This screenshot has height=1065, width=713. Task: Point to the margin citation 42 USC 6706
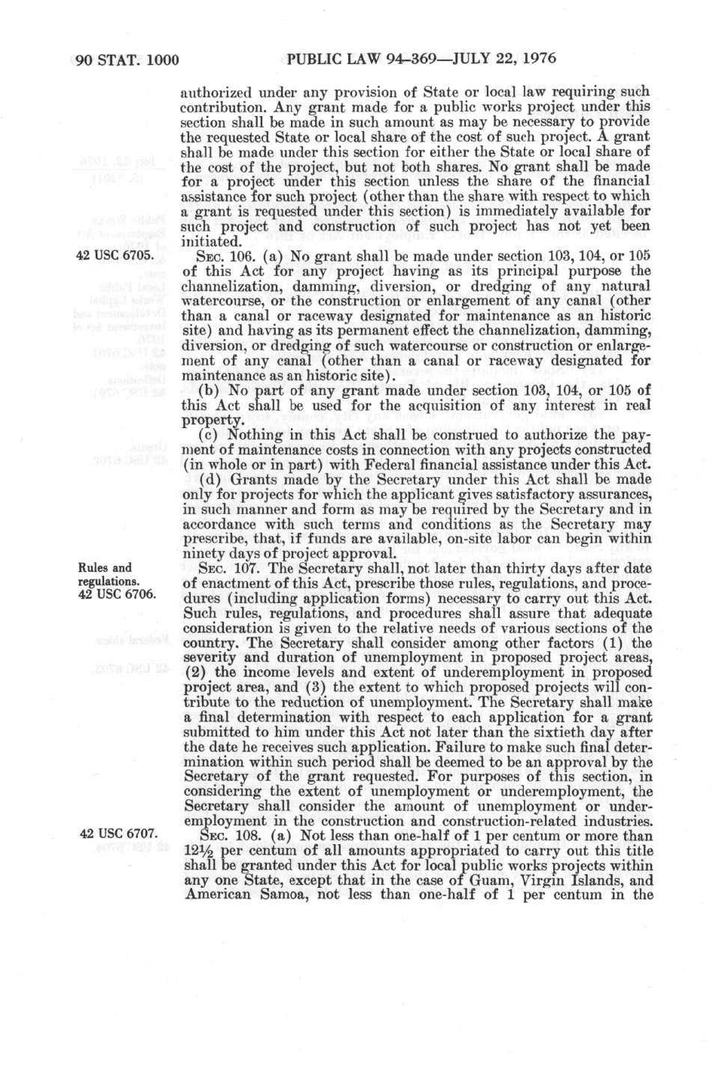pyautogui.click(x=117, y=594)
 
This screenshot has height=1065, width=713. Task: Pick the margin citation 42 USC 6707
pyautogui.click(x=118, y=833)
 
